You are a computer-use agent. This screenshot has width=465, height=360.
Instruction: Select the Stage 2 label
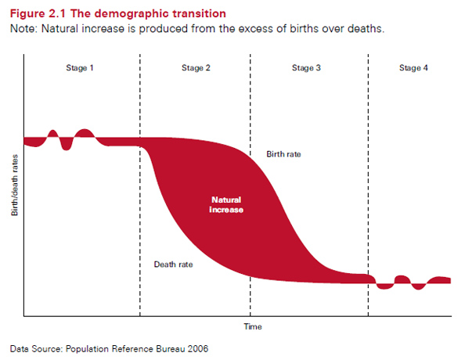point(195,68)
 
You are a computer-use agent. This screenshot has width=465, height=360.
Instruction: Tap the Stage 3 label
point(306,68)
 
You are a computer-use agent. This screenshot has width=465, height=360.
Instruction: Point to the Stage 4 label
point(413,68)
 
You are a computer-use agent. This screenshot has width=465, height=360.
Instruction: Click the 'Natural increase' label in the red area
point(226,205)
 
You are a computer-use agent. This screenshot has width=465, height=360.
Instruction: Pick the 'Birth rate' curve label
point(283,154)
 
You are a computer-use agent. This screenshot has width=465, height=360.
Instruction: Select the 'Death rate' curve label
point(173,265)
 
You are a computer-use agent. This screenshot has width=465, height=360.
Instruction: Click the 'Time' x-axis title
point(252,326)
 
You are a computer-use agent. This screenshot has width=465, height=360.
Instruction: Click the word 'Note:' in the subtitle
point(24,29)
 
